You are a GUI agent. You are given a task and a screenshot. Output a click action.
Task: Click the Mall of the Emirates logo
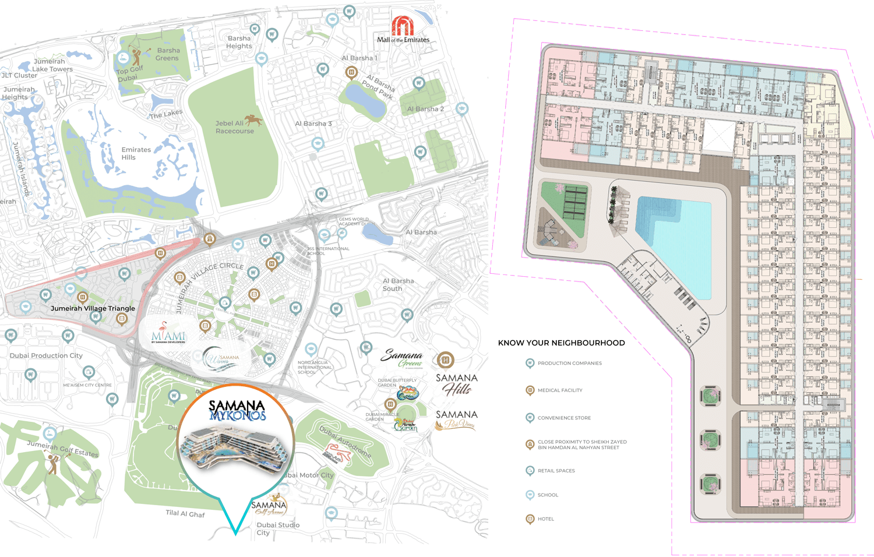click(403, 30)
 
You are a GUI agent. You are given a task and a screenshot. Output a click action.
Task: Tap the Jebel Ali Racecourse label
click(234, 127)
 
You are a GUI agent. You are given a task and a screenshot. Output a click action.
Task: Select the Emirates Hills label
click(136, 153)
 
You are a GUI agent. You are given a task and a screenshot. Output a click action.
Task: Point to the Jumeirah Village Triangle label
click(93, 308)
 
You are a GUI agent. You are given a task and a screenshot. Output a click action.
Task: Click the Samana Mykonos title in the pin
click(237, 410)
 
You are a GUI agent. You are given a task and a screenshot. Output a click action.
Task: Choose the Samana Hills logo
click(457, 384)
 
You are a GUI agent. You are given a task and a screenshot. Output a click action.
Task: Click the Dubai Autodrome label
click(345, 441)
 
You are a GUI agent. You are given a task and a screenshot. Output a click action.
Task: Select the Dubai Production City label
click(46, 355)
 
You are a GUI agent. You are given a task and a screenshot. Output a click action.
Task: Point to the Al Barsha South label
click(398, 284)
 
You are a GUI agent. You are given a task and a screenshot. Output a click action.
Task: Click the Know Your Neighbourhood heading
click(561, 343)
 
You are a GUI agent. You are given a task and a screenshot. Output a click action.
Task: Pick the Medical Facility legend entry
click(559, 390)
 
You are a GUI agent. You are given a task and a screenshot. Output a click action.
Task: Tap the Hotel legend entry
click(545, 519)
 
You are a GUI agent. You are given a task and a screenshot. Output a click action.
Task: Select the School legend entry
click(547, 495)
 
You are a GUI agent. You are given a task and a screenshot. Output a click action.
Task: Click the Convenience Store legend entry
click(563, 418)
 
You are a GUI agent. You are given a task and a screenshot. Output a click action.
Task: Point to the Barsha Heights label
click(239, 42)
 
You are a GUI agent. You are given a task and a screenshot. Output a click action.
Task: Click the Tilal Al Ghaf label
click(185, 513)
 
